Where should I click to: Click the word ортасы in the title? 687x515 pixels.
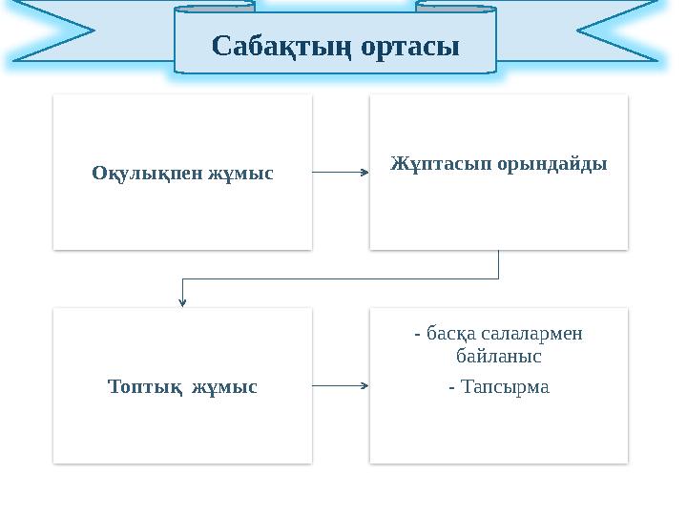coord(407,45)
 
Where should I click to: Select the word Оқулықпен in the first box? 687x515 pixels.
coord(138,174)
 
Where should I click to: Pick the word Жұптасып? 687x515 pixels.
coord(440,164)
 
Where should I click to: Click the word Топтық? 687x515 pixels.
coord(143,387)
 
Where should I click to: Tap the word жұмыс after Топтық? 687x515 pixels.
coord(225,387)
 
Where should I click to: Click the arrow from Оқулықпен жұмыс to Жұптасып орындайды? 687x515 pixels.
coord(341,173)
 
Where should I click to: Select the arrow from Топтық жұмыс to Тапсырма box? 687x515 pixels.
coord(341,386)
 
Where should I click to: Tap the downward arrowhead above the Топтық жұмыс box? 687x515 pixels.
coord(182,301)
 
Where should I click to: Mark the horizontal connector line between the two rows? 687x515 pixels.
coord(340,279)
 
